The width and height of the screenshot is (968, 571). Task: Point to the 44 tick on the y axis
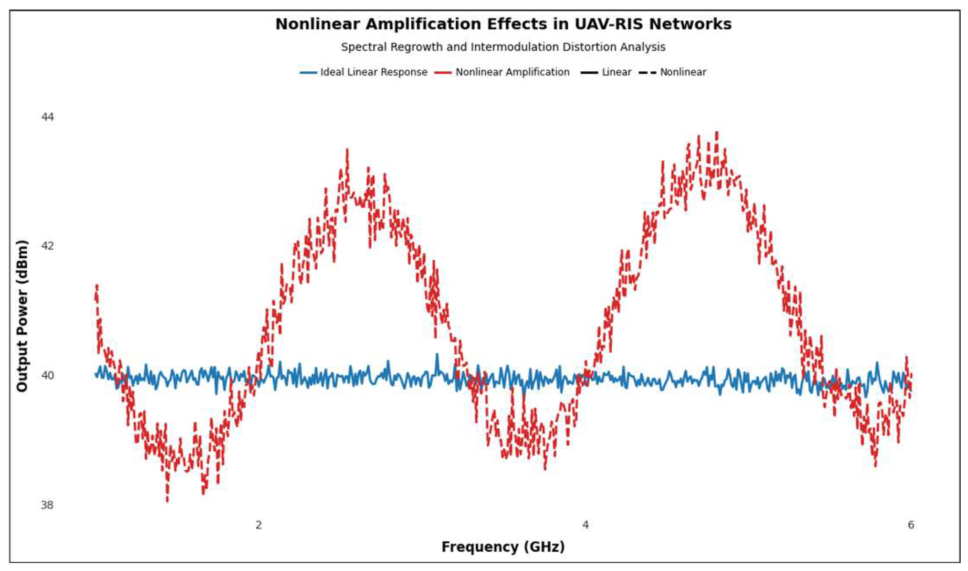tap(48, 117)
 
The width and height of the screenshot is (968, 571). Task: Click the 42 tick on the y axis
tap(48, 246)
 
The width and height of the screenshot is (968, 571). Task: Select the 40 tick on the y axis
tap(48, 376)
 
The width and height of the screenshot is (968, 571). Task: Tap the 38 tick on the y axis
tap(48, 505)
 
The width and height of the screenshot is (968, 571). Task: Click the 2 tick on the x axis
tap(259, 525)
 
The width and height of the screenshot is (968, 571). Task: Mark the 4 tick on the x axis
tap(585, 525)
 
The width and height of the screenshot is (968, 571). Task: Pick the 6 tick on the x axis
tap(911, 525)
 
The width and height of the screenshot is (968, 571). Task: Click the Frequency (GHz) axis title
tap(503, 547)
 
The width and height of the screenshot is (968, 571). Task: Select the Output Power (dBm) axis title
tap(22, 316)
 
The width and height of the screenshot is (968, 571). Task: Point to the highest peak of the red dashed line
tap(717, 133)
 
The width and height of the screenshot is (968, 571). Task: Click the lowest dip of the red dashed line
tap(167, 501)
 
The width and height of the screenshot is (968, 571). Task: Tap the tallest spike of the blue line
tap(437, 354)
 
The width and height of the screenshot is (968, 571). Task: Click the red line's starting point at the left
tap(96, 293)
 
